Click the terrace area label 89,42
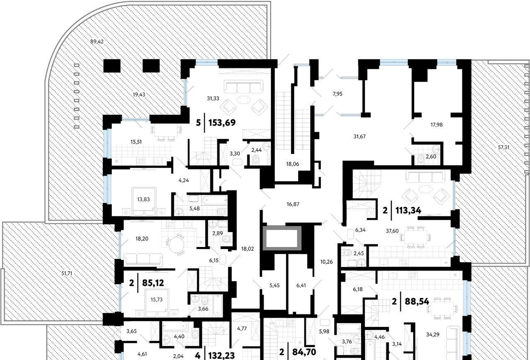click(x=97, y=42)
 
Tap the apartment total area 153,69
click(x=222, y=123)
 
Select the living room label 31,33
click(x=213, y=98)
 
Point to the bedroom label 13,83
click(x=143, y=199)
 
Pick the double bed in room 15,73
click(x=157, y=303)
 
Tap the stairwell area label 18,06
click(x=293, y=164)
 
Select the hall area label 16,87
click(x=293, y=204)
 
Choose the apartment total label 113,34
click(x=408, y=210)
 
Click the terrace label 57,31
click(x=503, y=147)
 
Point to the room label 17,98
click(x=436, y=125)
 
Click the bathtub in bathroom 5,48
click(x=214, y=200)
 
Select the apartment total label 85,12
click(x=153, y=283)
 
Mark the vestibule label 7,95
click(x=337, y=94)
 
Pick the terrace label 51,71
click(x=67, y=274)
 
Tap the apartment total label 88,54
click(x=417, y=302)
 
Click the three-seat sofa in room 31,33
click(x=244, y=87)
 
